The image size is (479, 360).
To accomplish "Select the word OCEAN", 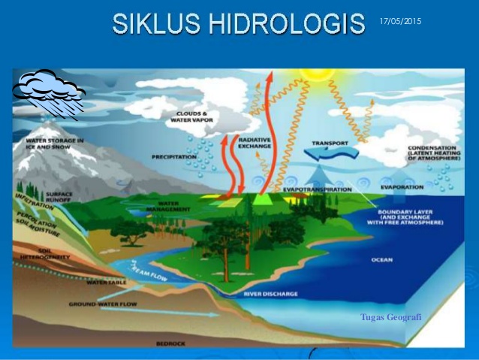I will point(382,260).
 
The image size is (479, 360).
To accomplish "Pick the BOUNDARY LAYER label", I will point(410,218).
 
